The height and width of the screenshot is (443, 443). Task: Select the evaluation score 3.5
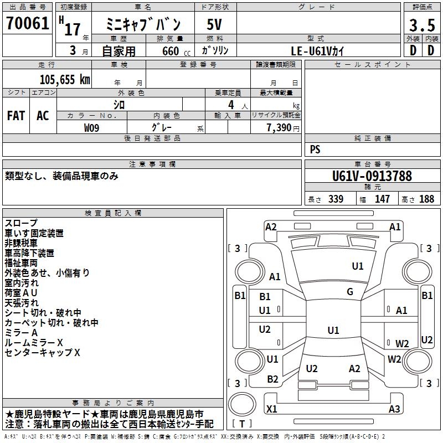[421, 25]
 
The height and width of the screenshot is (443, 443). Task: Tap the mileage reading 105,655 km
[65, 80]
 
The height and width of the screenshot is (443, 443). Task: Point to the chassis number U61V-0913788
[372, 176]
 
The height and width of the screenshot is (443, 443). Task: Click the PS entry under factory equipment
[315, 150]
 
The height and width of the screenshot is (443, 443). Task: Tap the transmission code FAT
[16, 116]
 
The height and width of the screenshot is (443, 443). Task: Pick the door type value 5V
[215, 25]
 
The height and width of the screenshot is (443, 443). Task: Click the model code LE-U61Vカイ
[318, 50]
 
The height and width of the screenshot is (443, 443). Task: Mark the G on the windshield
[350, 292]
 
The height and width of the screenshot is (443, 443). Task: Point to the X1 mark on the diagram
[271, 409]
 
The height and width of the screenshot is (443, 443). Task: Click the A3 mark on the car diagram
[394, 409]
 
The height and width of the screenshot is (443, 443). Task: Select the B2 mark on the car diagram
[272, 379]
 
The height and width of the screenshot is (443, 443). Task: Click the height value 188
[426, 199]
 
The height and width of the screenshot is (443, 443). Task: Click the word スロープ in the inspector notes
[22, 223]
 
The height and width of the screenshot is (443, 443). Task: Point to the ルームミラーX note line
[34, 343]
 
